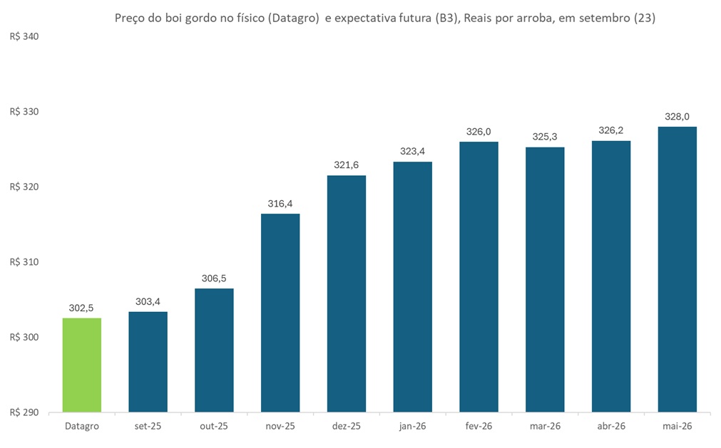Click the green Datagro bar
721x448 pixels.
(x=81, y=365)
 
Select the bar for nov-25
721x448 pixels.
(x=280, y=313)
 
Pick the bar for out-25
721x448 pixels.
(x=214, y=350)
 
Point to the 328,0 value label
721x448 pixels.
(x=677, y=117)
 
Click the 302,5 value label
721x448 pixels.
(x=81, y=308)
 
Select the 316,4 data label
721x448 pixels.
(x=280, y=204)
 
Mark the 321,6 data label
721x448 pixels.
(x=346, y=165)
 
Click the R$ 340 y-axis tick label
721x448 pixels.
(x=24, y=36)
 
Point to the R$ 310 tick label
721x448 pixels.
(x=24, y=262)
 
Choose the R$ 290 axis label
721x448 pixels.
(x=24, y=412)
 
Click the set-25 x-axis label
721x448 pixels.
(x=148, y=426)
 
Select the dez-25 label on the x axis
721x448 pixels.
(x=346, y=426)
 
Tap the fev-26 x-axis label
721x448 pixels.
(x=479, y=426)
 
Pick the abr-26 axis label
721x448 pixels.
(x=610, y=426)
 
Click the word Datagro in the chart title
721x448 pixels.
(x=292, y=19)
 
